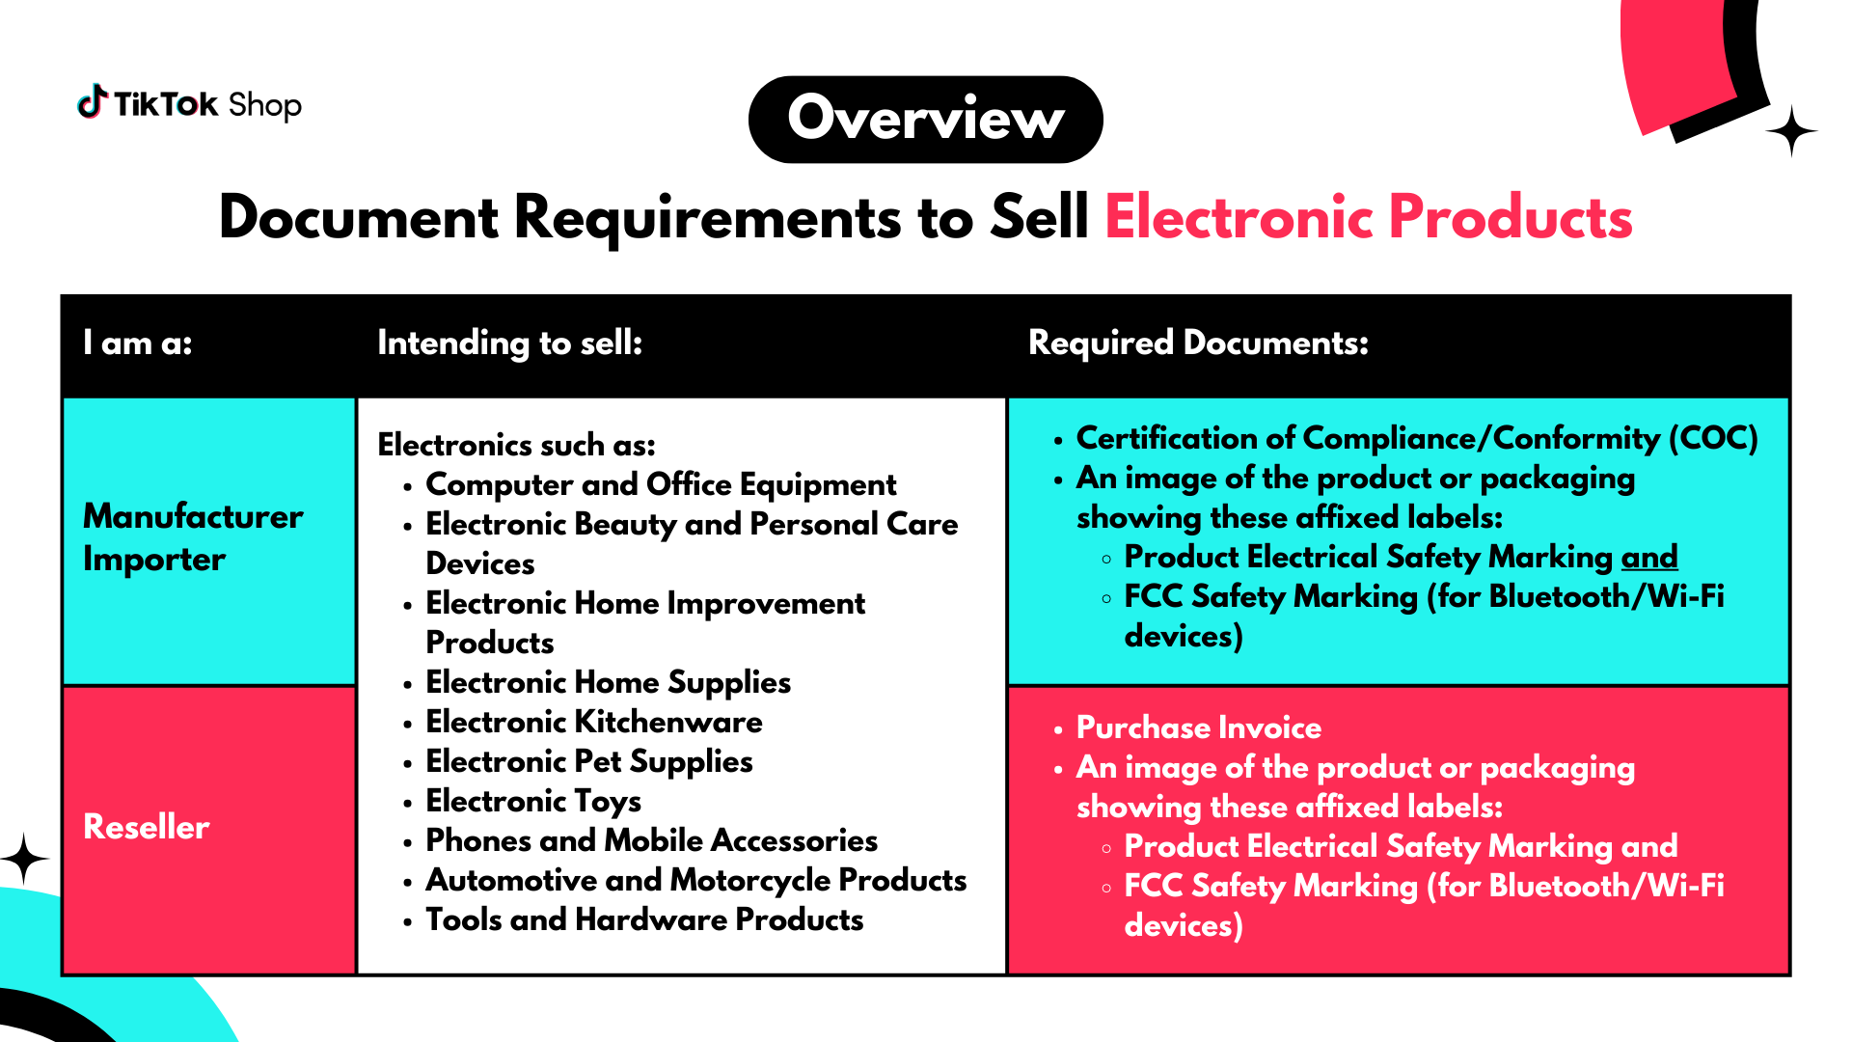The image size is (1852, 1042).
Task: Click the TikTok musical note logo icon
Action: tap(92, 101)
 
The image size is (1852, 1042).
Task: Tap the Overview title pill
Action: tap(926, 120)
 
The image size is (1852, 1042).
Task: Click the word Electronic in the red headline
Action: tap(1239, 217)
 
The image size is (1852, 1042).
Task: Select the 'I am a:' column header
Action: tap(138, 343)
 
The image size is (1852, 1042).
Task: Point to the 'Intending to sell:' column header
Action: tap(509, 343)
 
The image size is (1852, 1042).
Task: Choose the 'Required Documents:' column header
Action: tap(1198, 343)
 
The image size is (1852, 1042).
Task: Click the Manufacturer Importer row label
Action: tap(193, 537)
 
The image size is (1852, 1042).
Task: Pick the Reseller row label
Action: tap(147, 827)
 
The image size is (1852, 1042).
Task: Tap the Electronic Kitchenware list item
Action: tap(594, 722)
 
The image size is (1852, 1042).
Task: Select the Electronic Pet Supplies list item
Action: tap(589, 762)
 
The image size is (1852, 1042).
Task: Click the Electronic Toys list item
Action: tap(533, 802)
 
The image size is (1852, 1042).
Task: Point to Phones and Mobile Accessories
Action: tap(652, 840)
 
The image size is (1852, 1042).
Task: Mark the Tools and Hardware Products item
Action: tap(644, 919)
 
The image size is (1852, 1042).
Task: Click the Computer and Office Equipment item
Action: tap(661, 485)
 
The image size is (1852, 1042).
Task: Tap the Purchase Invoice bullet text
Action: tap(1199, 727)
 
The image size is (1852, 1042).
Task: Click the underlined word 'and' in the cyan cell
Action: tap(1649, 557)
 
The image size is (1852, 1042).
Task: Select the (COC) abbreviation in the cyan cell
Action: tap(1713, 439)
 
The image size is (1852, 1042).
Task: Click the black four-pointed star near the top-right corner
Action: tap(1791, 131)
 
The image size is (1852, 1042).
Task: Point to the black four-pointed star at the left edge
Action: tap(24, 859)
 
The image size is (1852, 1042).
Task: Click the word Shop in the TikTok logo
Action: tap(265, 105)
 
